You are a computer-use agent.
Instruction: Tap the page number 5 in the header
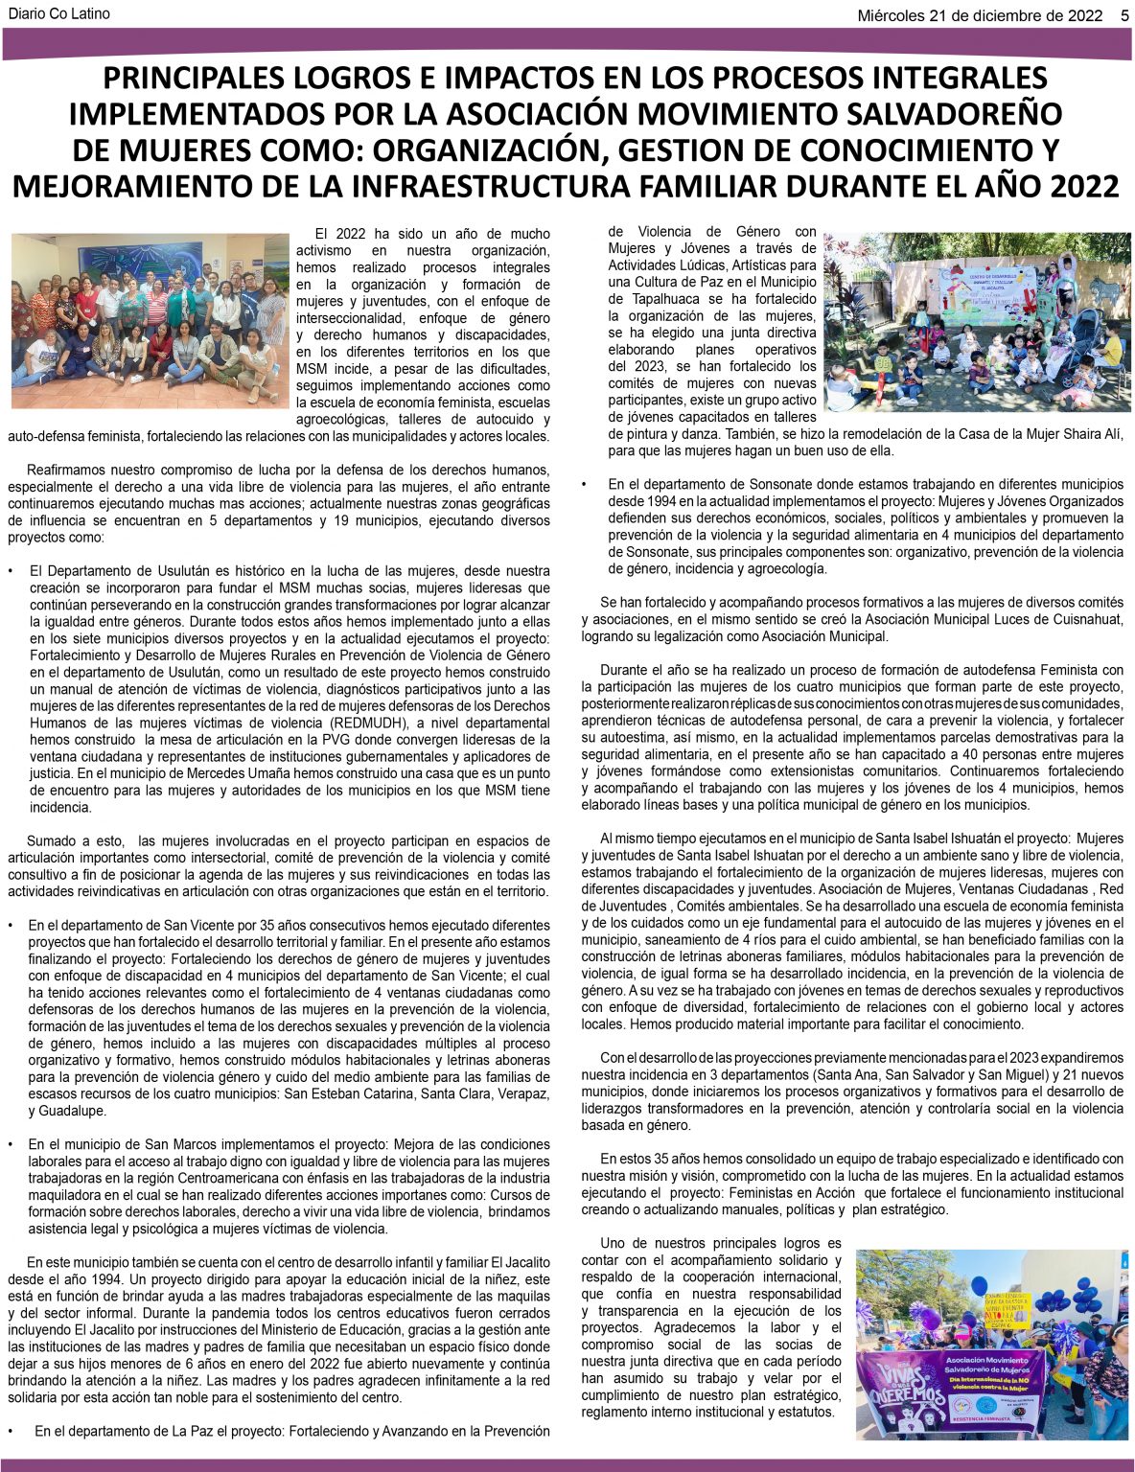pyautogui.click(x=1123, y=14)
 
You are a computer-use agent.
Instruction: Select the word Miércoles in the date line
pyautogui.click(x=892, y=14)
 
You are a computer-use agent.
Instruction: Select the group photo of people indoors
pyautogui.click(x=149, y=321)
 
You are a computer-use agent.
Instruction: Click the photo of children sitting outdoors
pyautogui.click(x=977, y=322)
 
